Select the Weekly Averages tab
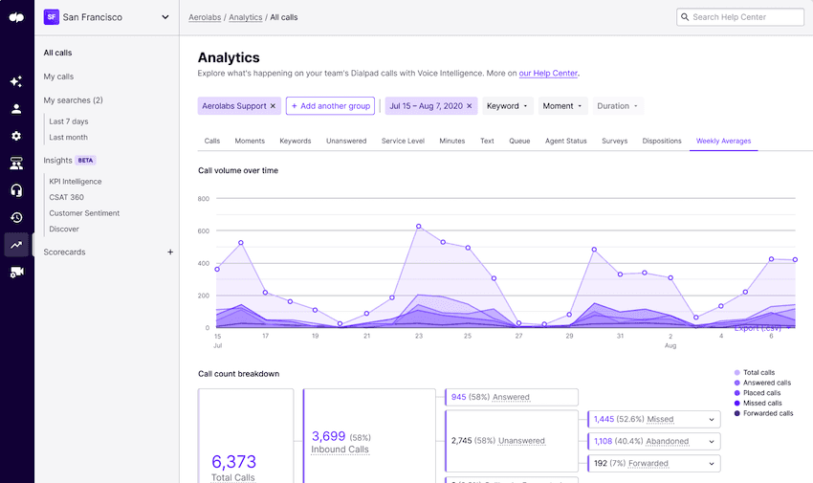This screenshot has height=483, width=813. (x=723, y=141)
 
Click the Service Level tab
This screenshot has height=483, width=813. (x=403, y=141)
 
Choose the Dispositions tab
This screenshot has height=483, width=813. (x=662, y=141)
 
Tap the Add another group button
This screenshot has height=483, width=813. (x=330, y=106)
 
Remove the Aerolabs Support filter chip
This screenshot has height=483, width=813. (x=273, y=106)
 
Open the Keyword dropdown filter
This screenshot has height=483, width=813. (x=507, y=106)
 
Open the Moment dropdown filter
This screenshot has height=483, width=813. (x=562, y=106)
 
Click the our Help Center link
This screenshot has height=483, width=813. (x=548, y=73)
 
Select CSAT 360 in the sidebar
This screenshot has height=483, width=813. (x=67, y=197)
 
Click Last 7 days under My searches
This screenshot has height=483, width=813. (x=69, y=121)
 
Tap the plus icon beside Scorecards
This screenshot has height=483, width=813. (x=170, y=252)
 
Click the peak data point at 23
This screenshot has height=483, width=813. (x=419, y=227)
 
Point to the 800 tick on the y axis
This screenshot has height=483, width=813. (x=204, y=199)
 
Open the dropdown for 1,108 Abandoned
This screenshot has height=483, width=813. (x=711, y=441)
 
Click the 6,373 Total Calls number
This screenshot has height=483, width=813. (x=233, y=462)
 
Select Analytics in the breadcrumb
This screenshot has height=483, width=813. (x=246, y=17)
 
